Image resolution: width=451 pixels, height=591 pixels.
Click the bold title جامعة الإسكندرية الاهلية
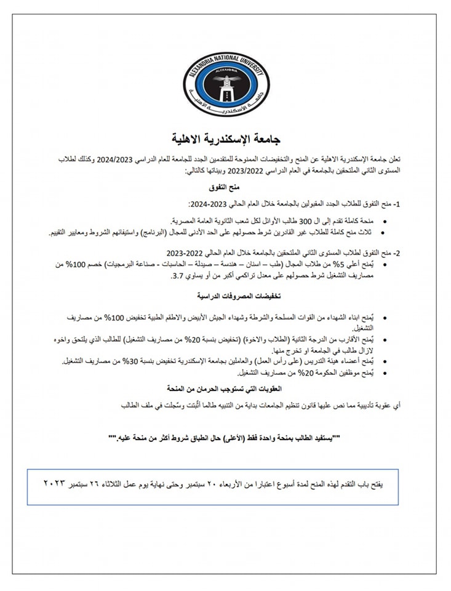pos(225,137)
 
